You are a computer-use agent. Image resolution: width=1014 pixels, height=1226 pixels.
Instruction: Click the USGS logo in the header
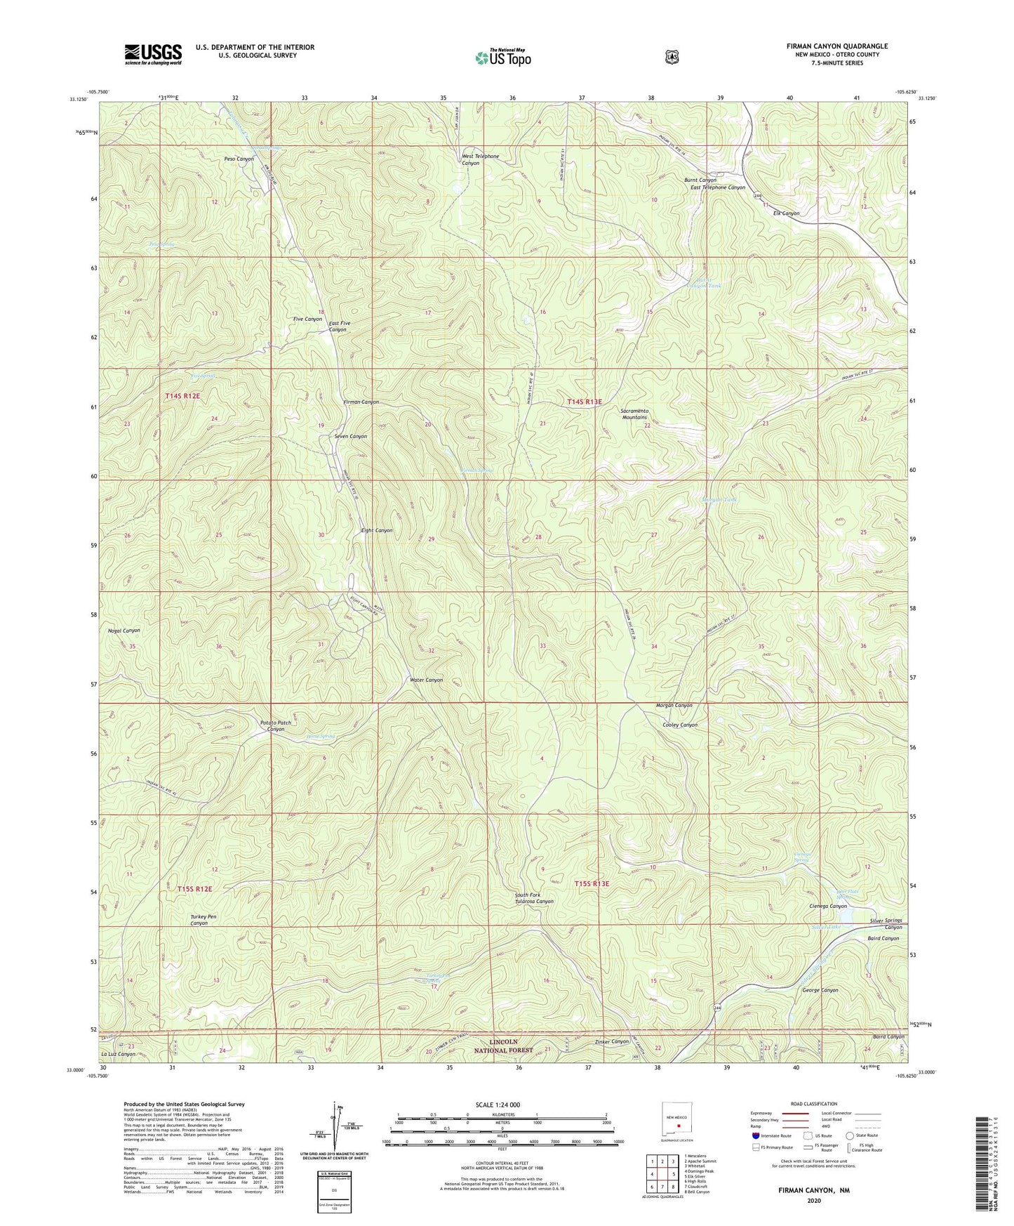pos(153,54)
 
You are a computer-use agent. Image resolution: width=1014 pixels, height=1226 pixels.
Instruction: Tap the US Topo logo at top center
pos(502,57)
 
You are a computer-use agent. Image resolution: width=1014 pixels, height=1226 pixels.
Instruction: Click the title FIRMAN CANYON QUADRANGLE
pos(836,46)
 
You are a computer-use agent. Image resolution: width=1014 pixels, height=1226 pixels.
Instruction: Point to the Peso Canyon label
pos(239,159)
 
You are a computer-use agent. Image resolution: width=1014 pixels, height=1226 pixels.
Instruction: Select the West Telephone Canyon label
pos(480,159)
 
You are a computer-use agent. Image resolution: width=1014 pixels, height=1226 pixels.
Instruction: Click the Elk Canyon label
pos(786,213)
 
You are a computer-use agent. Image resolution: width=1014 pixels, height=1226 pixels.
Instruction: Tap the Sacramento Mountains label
pos(634,414)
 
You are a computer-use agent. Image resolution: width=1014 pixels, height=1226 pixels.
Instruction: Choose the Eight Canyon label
pos(377,531)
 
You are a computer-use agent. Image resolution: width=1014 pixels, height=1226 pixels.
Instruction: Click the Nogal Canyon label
pos(124,631)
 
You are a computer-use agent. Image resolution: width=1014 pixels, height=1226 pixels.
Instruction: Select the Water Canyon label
pos(426,680)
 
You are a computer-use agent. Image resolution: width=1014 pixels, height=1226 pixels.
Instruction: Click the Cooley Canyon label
pos(679,725)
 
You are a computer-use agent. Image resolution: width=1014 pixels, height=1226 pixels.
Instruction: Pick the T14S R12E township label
pos(182,397)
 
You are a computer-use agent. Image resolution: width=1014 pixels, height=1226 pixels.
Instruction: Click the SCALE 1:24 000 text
pos(498,1105)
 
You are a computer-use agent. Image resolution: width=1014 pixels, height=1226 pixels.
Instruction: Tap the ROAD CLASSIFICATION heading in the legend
pos(813,1104)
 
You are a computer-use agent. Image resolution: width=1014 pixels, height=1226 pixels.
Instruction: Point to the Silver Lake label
pos(825,928)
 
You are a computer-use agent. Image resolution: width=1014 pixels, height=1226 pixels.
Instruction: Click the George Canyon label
pos(820,990)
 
